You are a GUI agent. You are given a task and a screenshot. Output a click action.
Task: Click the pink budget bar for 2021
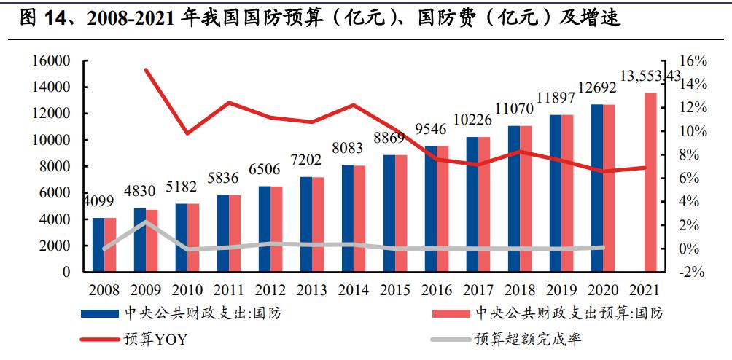[x=650, y=182]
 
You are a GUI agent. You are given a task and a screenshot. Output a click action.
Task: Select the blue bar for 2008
[x=98, y=245]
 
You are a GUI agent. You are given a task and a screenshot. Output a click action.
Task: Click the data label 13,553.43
[x=650, y=76]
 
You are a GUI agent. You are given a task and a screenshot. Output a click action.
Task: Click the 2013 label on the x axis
[x=312, y=290]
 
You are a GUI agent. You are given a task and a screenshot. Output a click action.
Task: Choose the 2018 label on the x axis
[x=520, y=290]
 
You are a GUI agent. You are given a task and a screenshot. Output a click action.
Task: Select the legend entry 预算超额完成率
[x=528, y=340]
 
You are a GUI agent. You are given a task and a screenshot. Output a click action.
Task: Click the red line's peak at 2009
[x=146, y=70]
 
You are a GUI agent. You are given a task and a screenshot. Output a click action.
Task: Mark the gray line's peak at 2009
[x=146, y=222]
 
